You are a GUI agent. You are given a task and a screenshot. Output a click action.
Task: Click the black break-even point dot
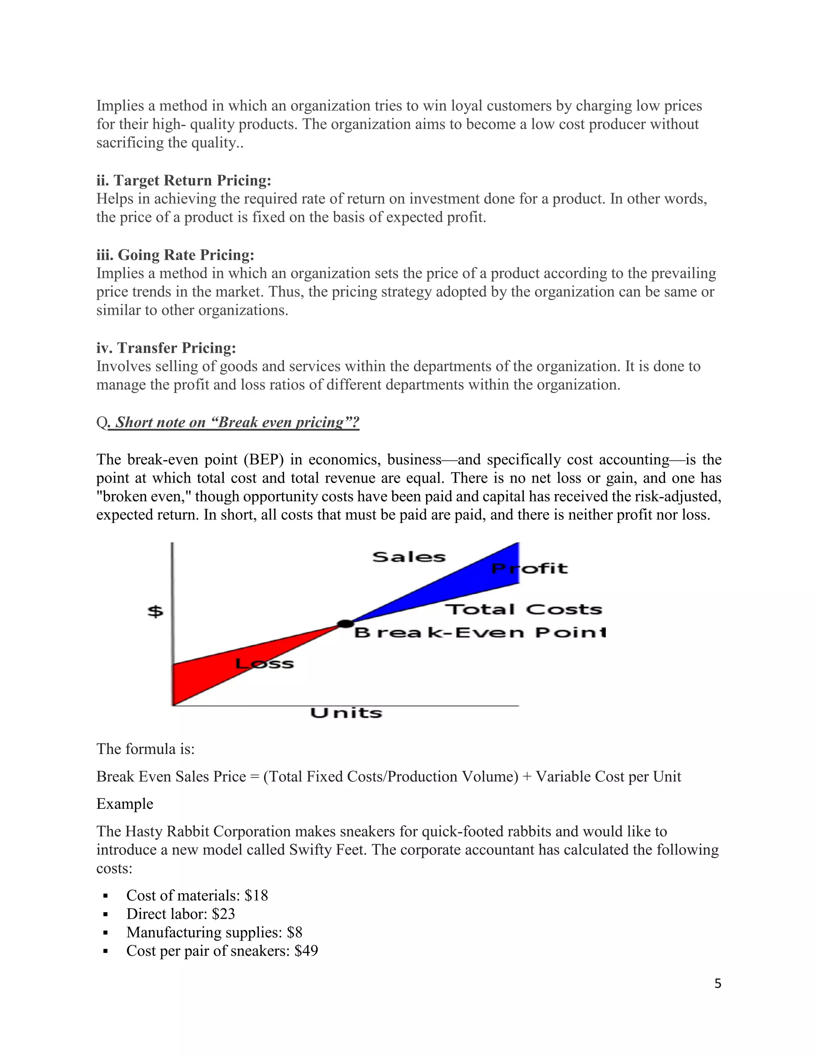pyautogui.click(x=345, y=624)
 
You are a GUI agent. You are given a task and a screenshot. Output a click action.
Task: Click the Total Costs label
pyautogui.click(x=523, y=609)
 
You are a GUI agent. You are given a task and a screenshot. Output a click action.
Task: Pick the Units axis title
pyautogui.click(x=346, y=713)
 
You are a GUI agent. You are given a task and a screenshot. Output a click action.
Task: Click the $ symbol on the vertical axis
pyautogui.click(x=155, y=611)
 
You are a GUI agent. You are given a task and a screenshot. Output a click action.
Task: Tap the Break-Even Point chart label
pyautogui.click(x=480, y=633)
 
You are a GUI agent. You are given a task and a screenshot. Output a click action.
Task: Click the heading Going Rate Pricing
pyautogui.click(x=175, y=255)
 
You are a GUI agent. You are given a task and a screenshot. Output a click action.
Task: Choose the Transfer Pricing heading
pyautogui.click(x=166, y=348)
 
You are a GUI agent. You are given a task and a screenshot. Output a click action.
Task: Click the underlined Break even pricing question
pyautogui.click(x=234, y=422)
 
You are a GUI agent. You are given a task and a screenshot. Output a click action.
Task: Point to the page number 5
pyautogui.click(x=718, y=983)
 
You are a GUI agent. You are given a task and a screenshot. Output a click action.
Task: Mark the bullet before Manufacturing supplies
pyautogui.click(x=105, y=933)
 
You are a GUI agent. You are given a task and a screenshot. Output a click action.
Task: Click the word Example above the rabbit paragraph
pyautogui.click(x=125, y=804)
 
